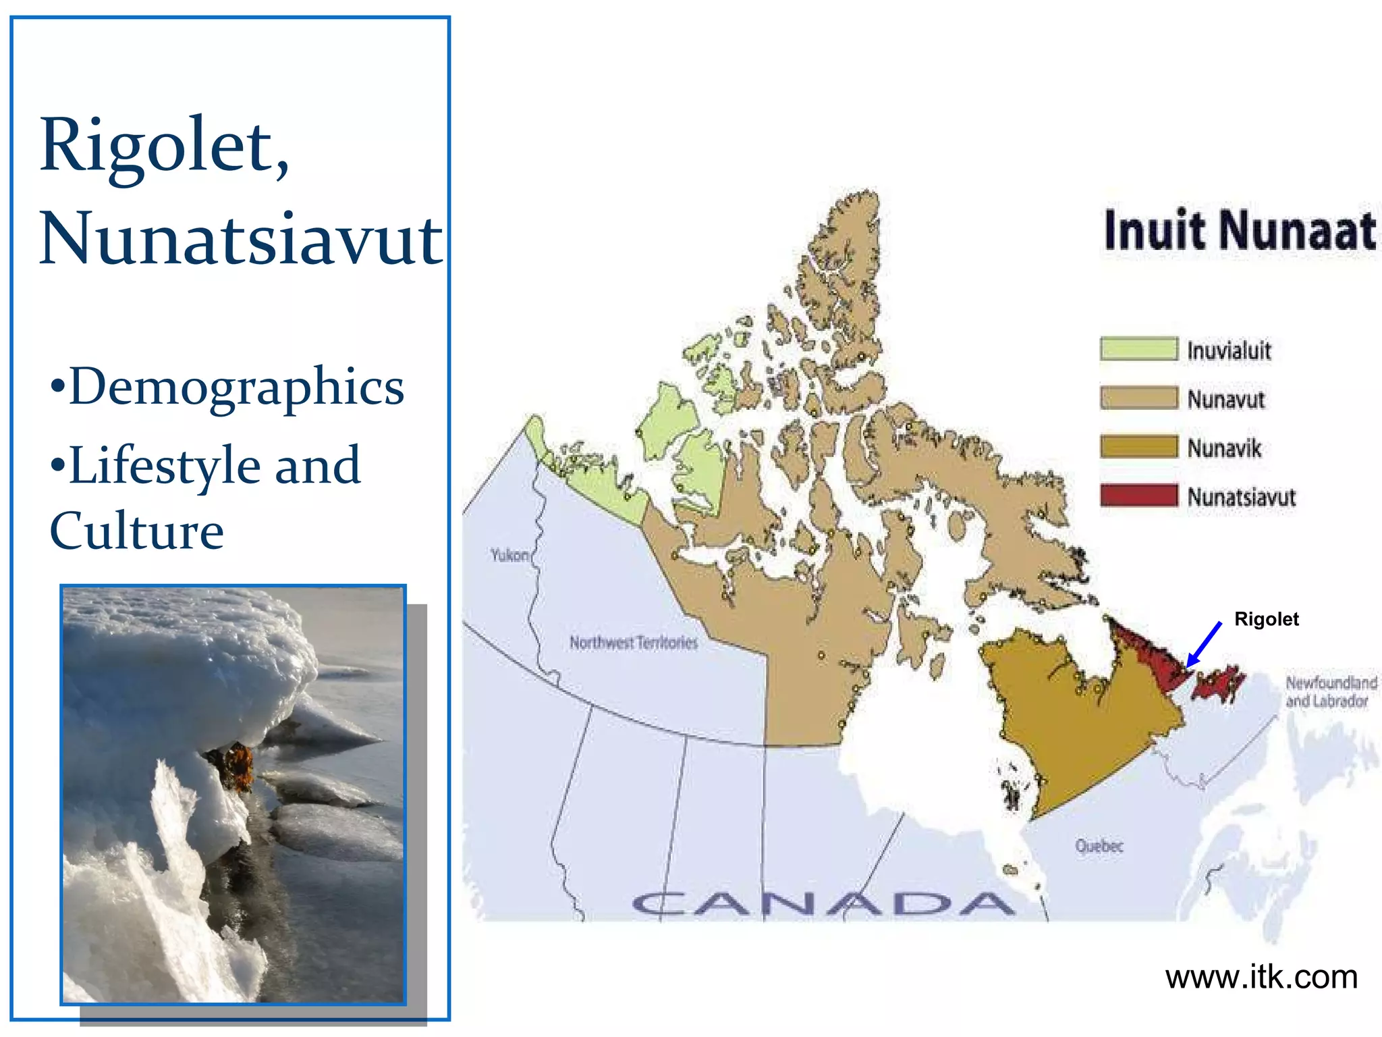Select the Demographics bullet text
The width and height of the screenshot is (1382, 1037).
[x=236, y=386]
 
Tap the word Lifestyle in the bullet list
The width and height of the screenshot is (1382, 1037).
[x=165, y=465]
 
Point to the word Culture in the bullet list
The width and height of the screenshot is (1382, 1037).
[x=136, y=531]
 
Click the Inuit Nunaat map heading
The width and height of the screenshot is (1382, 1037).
[x=1239, y=231]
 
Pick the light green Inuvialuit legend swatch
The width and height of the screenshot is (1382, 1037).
[x=1138, y=349]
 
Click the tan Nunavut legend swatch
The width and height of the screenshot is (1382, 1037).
[x=1138, y=398]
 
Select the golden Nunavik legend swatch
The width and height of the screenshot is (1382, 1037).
[x=1138, y=447]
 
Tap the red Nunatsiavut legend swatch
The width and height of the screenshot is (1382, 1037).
[x=1138, y=496]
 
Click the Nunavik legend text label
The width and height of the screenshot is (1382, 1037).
[x=1224, y=448]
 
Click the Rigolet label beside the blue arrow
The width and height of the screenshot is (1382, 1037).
[x=1266, y=619]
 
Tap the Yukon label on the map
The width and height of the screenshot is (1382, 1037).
[x=509, y=555]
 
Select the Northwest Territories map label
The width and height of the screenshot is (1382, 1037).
[x=633, y=642]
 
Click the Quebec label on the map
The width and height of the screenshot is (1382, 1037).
[x=1099, y=845]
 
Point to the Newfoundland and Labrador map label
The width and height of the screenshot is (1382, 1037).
[x=1330, y=691]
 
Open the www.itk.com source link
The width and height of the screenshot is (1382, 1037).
[x=1261, y=977]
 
